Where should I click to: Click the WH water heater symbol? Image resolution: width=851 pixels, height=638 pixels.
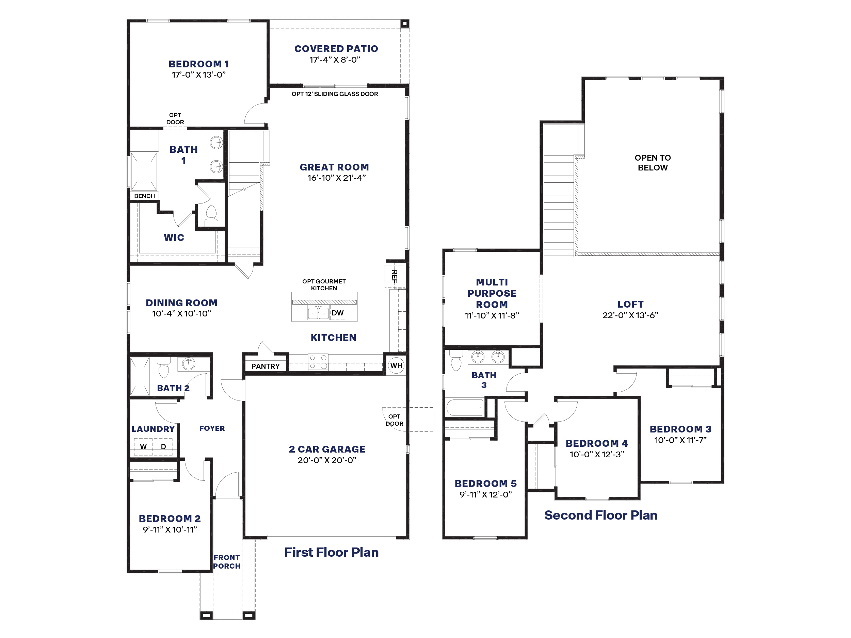pos(396,365)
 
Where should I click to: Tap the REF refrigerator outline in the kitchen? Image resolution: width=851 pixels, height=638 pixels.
pos(395,276)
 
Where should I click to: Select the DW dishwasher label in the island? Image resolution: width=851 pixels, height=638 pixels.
pos(337,313)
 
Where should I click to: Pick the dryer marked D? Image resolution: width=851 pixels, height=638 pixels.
pos(163,446)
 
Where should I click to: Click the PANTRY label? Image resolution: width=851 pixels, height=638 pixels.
pos(266,366)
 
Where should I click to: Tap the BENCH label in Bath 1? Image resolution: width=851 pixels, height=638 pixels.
pos(145,196)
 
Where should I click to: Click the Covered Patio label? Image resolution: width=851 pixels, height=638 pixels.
pos(336,49)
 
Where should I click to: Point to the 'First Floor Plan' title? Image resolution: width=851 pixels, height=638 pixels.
pos(331,552)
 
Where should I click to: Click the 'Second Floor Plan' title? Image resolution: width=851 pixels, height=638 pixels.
pos(600,515)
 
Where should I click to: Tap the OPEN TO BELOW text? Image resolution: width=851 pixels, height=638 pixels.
pos(653,163)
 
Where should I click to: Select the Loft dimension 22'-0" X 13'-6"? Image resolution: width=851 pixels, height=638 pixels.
pos(630,315)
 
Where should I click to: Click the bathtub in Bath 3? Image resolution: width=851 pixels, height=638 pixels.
pos(465,407)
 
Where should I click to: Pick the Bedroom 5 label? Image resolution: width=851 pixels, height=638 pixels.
pos(485,484)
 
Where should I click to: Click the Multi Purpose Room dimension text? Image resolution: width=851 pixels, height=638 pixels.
pos(492,316)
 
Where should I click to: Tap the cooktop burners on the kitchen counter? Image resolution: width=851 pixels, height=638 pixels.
pos(318,362)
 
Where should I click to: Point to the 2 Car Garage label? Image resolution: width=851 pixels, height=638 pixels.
pos(327,449)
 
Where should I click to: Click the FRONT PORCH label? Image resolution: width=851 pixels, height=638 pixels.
pos(227,562)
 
